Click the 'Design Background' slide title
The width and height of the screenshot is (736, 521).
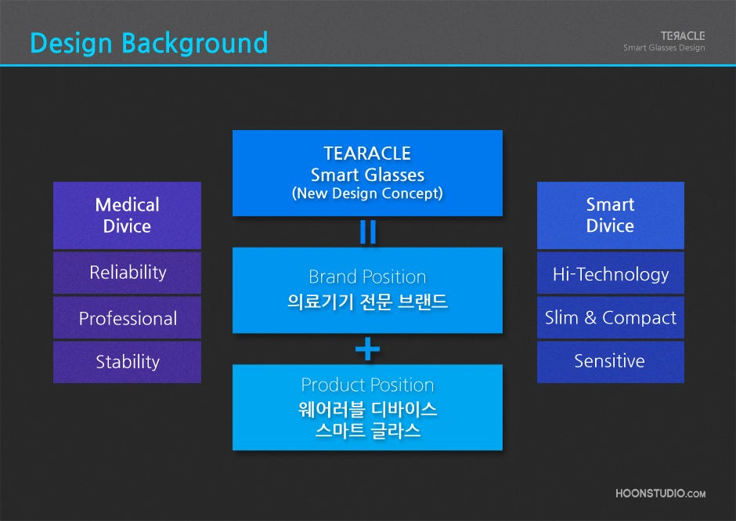149,44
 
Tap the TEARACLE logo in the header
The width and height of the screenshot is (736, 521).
683,36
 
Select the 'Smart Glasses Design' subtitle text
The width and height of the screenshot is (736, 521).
664,48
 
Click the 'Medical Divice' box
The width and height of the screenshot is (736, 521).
127,215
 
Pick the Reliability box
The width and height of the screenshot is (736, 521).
127,273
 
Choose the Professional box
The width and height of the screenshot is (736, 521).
127,317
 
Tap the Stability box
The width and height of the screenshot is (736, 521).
127,362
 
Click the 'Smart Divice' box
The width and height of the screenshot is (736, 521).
610,215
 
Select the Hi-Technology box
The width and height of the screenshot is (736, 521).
610,273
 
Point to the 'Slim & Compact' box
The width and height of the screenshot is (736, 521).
610,317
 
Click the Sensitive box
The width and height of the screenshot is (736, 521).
610,362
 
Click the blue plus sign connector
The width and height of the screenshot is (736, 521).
367,349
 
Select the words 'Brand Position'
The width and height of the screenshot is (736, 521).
367,277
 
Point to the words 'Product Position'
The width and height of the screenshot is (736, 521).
367,385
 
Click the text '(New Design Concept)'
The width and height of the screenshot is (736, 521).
367,194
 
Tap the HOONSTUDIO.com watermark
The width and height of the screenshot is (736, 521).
660,494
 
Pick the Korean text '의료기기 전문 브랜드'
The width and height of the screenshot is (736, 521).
367,301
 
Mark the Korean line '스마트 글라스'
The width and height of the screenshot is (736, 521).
367,430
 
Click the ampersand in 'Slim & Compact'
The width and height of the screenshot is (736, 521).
590,317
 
